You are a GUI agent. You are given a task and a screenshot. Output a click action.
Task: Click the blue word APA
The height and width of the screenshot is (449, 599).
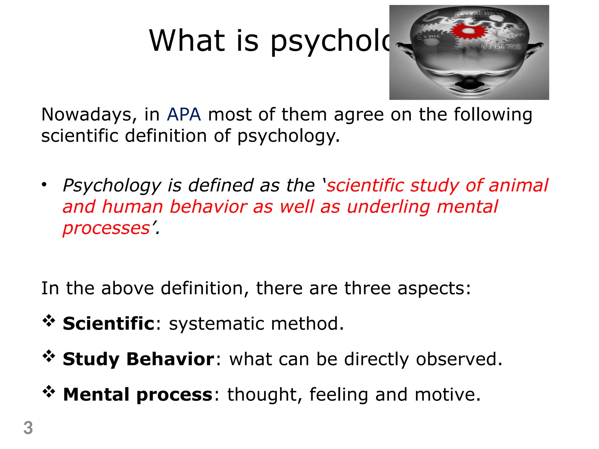coord(184,115)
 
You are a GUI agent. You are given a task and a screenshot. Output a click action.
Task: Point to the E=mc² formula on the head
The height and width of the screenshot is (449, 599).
coord(428,36)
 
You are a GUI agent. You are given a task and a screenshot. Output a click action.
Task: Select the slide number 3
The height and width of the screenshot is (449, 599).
coord(28,428)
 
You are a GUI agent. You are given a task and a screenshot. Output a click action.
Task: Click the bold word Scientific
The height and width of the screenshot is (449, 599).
coord(109,324)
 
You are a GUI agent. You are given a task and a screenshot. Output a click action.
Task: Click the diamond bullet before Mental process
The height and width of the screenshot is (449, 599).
coord(49,392)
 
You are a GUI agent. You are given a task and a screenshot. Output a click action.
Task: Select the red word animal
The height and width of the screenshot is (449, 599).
coord(518,186)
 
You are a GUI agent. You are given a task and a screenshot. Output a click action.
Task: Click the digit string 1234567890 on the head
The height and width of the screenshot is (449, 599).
coord(501,47)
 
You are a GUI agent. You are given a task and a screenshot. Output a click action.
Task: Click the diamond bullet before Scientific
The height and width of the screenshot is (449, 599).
coord(49,321)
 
